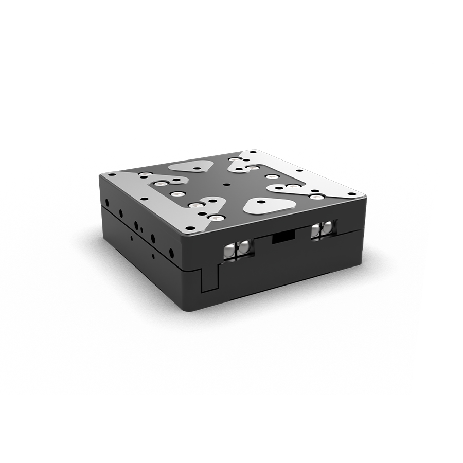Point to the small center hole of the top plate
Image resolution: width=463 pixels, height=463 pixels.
226,183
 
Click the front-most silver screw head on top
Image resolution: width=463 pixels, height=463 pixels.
215,219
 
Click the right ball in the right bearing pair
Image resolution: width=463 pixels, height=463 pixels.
328,228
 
